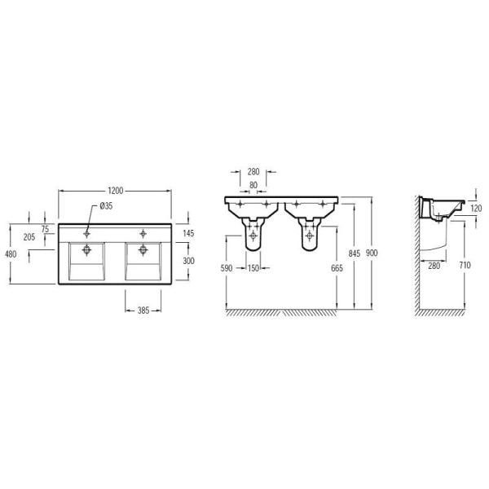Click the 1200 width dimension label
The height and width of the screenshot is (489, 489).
pos(116,191)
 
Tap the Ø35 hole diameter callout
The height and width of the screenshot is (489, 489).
pos(106,206)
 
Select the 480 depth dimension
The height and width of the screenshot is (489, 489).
pos(11,254)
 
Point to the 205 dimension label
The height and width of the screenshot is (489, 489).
pos(29,237)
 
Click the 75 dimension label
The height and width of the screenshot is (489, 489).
pos(45,229)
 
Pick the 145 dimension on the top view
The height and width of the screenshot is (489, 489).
pos(188,233)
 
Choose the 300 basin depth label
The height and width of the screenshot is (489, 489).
pos(188,261)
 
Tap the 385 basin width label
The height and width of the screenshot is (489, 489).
pos(143,311)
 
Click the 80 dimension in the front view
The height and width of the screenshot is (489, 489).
pos(253,185)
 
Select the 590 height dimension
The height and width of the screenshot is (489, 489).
pos(227,268)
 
